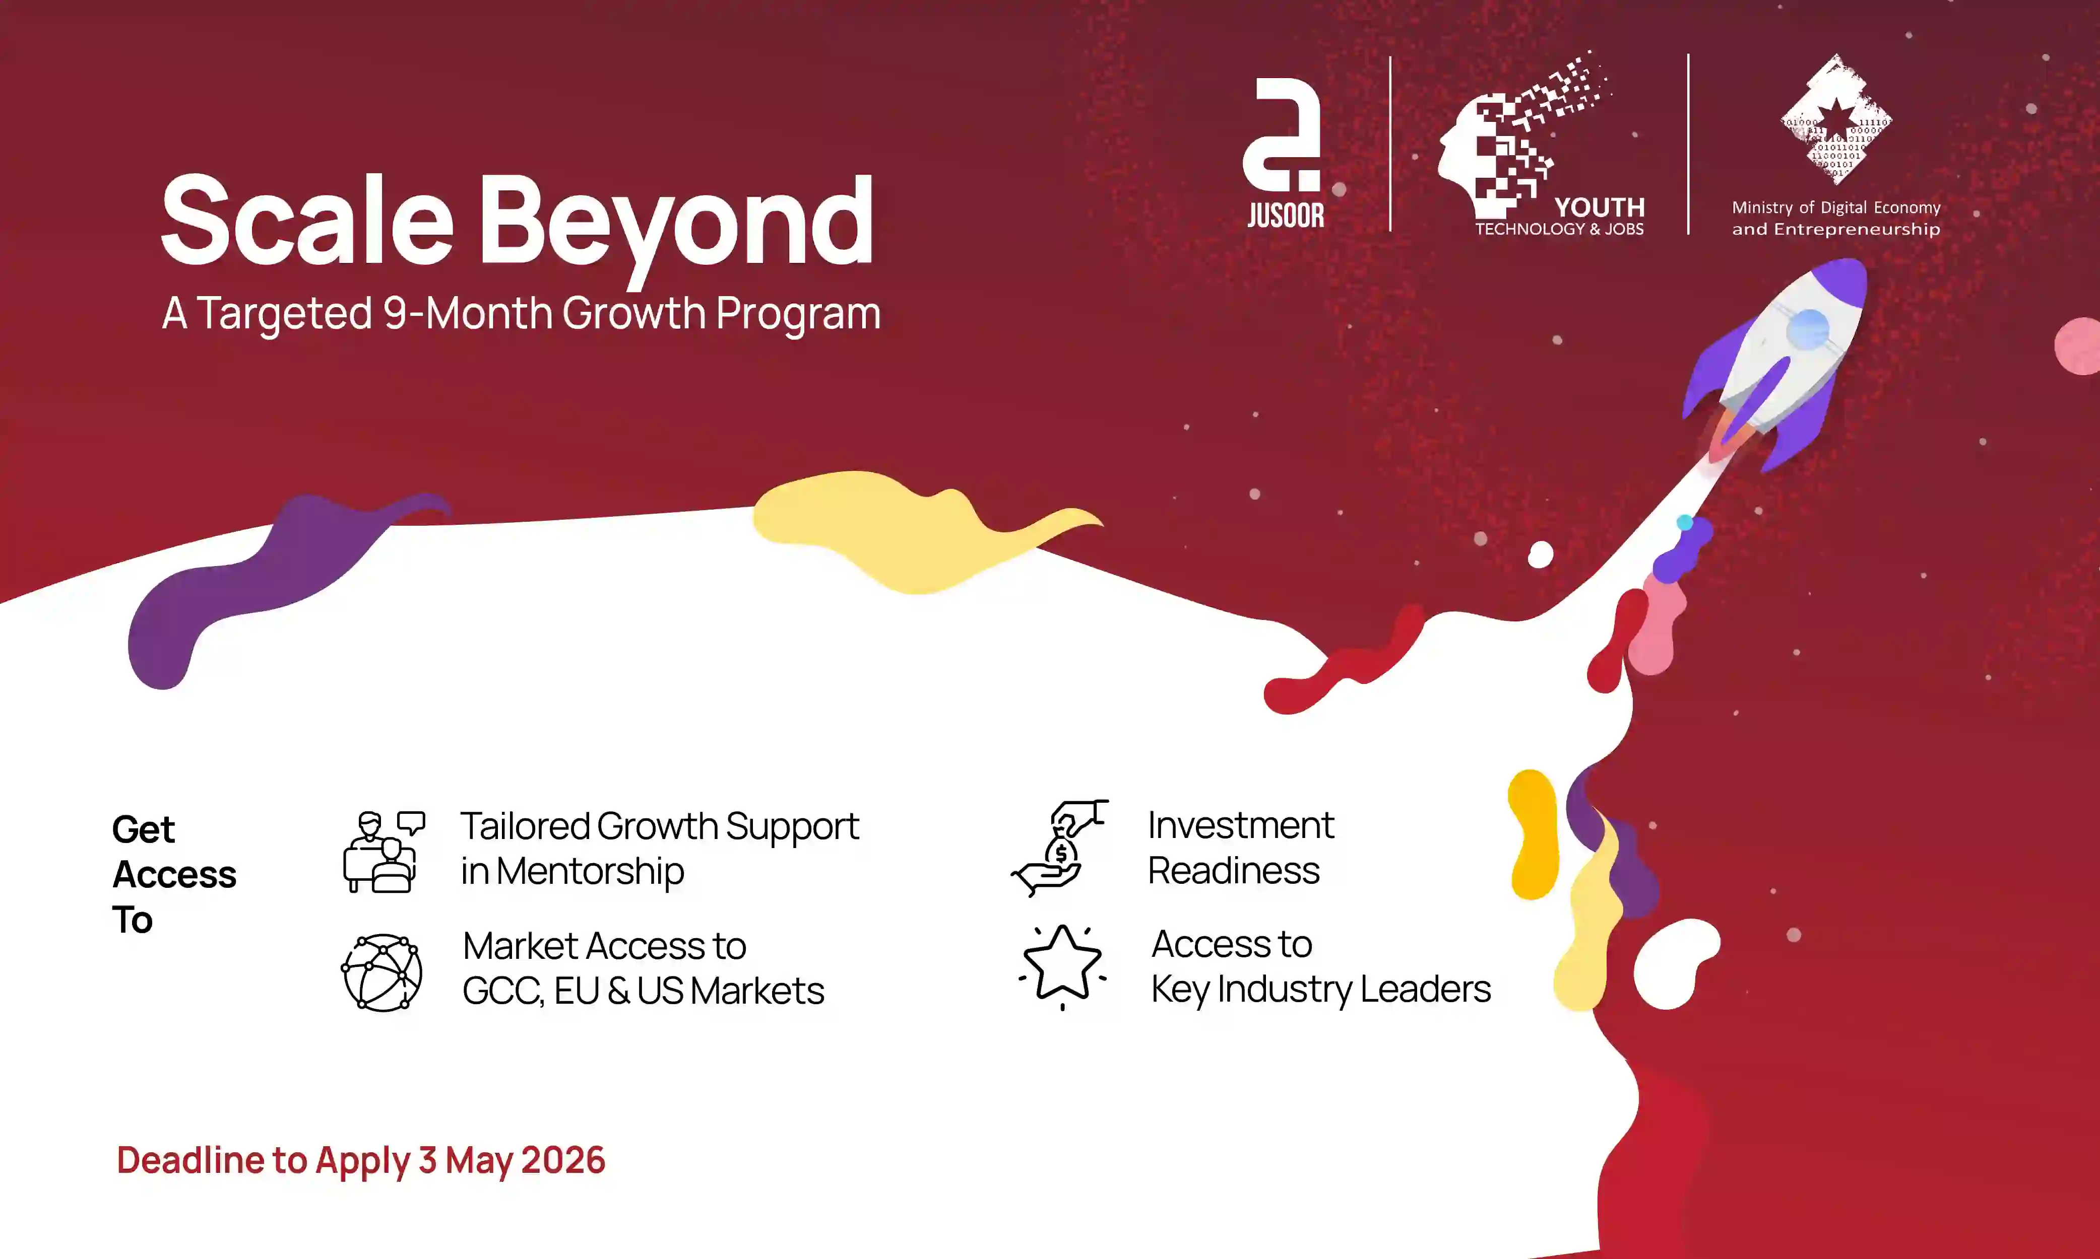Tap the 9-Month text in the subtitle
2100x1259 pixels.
pyautogui.click(x=468, y=313)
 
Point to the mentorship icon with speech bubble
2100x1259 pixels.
pyautogui.click(x=384, y=851)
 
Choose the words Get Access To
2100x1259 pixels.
pyautogui.click(x=173, y=874)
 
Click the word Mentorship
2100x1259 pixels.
pyautogui.click(x=589, y=871)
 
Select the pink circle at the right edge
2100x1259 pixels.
pyautogui.click(x=2080, y=345)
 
